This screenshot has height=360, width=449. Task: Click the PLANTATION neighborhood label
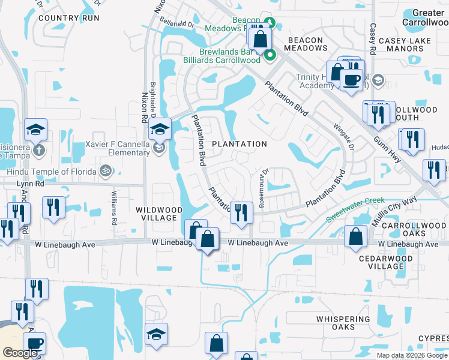240,144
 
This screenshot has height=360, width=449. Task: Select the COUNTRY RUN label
68,18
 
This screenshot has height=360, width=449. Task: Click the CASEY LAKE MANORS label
408,44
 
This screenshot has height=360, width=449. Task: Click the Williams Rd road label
114,208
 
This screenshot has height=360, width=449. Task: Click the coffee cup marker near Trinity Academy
351,79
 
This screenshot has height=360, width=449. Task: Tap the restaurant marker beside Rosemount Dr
241,212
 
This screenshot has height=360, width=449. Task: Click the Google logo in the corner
20,353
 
